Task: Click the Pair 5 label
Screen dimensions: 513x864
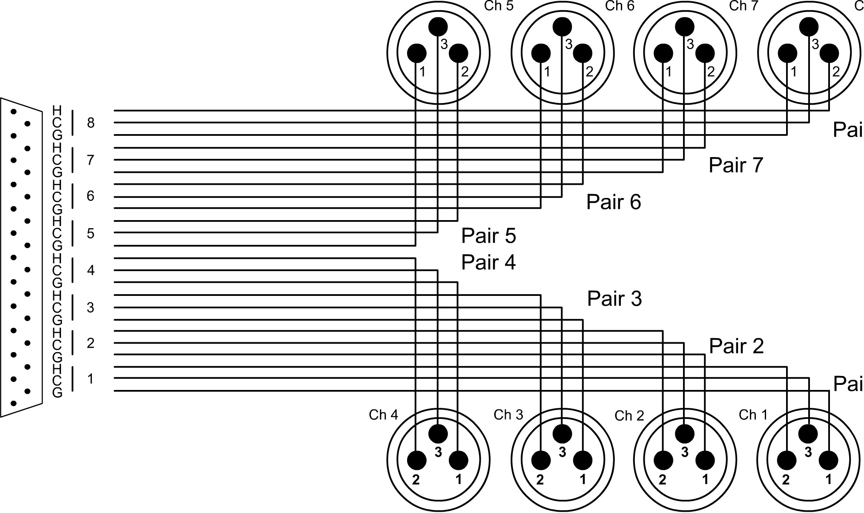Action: tap(488, 236)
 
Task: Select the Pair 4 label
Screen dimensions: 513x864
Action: tap(488, 262)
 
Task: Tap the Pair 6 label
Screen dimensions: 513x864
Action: tap(613, 202)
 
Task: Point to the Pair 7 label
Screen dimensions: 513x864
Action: tap(735, 165)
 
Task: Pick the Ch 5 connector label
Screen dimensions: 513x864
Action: tap(499, 6)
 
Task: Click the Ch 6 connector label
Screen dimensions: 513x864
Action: tap(620, 6)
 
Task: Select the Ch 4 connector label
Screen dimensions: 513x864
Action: tap(383, 415)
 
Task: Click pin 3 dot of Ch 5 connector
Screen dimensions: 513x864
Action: tap(438, 27)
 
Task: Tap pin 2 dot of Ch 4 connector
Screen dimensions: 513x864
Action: tap(416, 460)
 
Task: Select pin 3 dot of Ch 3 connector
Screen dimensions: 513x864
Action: tap(562, 434)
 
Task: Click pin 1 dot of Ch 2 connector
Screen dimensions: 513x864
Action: tap(705, 460)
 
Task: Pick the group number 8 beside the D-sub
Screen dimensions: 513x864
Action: tap(91, 123)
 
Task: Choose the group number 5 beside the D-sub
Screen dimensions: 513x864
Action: tap(91, 233)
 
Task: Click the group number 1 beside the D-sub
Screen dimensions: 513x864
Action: tap(91, 378)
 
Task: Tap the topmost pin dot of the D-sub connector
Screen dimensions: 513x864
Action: tap(14, 112)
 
